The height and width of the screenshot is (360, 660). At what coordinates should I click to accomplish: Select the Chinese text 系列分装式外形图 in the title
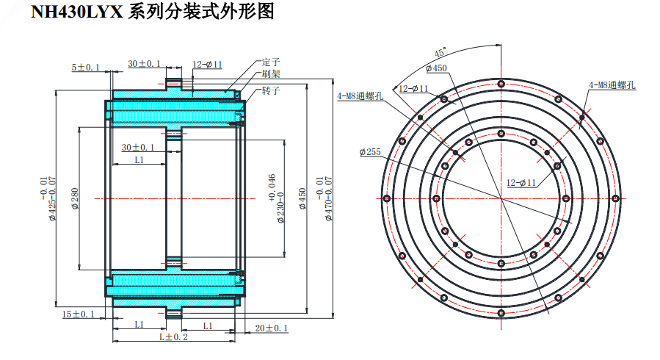pyautogui.click(x=199, y=12)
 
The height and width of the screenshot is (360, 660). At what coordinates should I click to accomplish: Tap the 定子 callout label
pyautogui.click(x=271, y=63)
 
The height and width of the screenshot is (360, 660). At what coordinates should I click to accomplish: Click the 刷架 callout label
pyautogui.click(x=271, y=75)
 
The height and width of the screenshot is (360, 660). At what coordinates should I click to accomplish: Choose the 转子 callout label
pyautogui.click(x=271, y=90)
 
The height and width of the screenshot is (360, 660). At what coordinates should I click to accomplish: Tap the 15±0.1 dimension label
pyautogui.click(x=79, y=314)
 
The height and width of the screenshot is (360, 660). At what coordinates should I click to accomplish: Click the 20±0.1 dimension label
pyautogui.click(x=271, y=328)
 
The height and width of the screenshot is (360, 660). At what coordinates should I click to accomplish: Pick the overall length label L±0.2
pyautogui.click(x=173, y=337)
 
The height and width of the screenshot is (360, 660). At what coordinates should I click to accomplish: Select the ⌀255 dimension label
pyautogui.click(x=369, y=152)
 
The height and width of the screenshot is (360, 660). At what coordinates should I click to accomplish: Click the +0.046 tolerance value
pyautogui.click(x=271, y=187)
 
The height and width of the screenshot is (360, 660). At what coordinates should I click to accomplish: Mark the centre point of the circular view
pyautogui.click(x=501, y=198)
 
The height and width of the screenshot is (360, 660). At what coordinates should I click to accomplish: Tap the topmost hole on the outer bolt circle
pyautogui.click(x=501, y=84)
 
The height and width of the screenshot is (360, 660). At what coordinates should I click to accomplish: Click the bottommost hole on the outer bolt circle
pyautogui.click(x=501, y=314)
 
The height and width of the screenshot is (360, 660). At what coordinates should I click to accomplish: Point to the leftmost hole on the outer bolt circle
pyautogui.click(x=386, y=198)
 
